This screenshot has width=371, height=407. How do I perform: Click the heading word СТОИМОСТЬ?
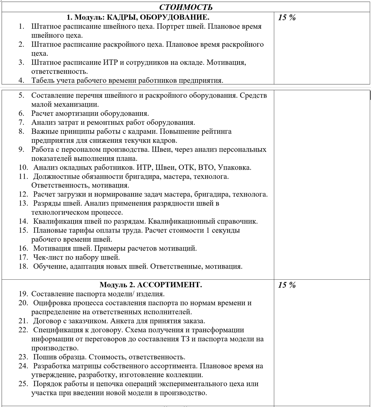point(185,7)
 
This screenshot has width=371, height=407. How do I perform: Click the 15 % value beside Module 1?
point(287,17)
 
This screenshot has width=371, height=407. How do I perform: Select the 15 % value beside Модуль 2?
point(287,285)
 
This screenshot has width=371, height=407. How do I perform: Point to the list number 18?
point(23,266)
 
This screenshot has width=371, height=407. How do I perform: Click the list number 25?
point(23,384)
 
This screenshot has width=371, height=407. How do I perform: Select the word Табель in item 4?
point(43,80)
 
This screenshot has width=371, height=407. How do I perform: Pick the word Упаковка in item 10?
point(234,167)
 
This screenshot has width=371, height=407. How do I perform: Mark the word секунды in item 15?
point(226,230)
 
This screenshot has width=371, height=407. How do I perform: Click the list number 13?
point(23,203)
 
